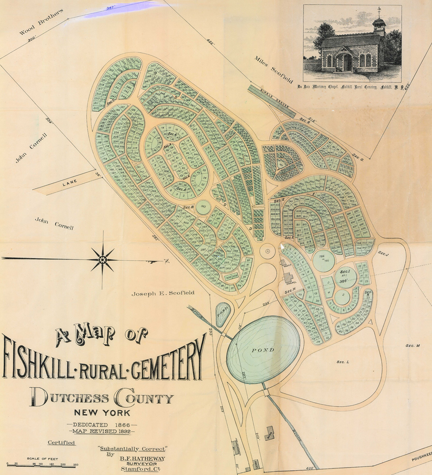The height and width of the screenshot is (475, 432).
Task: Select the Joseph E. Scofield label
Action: (x=163, y=293)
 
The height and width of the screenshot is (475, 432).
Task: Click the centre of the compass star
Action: (x=103, y=259)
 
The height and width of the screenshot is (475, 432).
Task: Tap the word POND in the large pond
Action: (x=263, y=350)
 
